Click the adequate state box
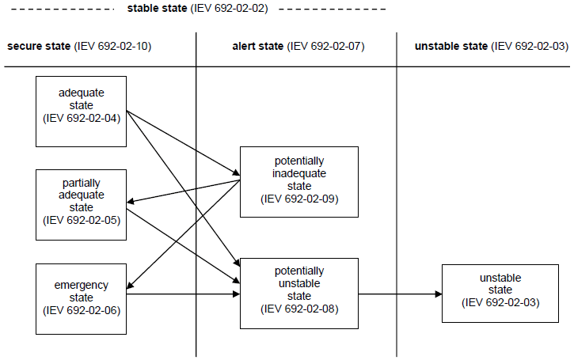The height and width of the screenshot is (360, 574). tap(82, 111)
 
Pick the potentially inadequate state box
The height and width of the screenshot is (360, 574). tap(298, 181)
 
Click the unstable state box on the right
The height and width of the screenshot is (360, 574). tap(500, 294)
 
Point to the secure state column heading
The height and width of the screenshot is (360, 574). tap(40, 46)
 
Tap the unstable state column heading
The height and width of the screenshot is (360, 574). tap(451, 46)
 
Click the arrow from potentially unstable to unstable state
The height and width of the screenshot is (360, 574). tap(400, 294)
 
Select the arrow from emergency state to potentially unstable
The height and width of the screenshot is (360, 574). tap(182, 294)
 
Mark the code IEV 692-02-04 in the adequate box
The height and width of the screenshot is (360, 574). tap(82, 118)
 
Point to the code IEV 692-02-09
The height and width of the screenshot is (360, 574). tap(299, 199)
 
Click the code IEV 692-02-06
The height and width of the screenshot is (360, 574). tap(82, 309)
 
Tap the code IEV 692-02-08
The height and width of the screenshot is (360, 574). tap(299, 309)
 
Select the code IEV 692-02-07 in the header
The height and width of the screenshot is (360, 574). tap(327, 46)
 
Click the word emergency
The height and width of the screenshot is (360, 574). tap(82, 285)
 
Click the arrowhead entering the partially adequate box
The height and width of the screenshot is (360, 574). tap(131, 202)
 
